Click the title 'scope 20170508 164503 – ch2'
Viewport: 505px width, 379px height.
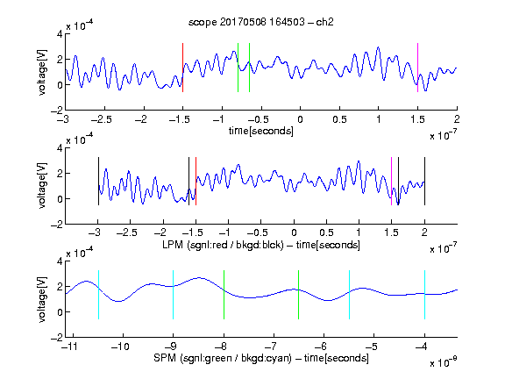coord(261,22)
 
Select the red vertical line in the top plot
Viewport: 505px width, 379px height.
coord(182,68)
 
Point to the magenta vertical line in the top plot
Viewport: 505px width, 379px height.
coord(417,68)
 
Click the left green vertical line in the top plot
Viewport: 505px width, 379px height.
coord(238,68)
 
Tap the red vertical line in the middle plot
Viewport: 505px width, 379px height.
coord(196,181)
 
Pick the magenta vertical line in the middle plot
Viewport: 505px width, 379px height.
coord(391,181)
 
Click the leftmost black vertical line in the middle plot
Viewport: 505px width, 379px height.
coord(98,181)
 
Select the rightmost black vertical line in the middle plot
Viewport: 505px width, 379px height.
coord(424,181)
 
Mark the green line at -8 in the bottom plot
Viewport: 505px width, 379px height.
coord(224,295)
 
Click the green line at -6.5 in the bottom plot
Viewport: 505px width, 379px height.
coord(299,295)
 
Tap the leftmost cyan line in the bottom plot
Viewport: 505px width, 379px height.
coord(98,295)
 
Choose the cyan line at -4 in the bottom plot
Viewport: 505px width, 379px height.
coord(424,295)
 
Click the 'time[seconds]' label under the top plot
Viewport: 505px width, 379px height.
coord(261,131)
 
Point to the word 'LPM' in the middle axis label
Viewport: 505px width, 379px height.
coord(173,245)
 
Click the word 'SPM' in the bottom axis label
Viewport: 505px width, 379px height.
coord(165,358)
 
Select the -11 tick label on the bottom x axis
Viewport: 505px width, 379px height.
coord(70,347)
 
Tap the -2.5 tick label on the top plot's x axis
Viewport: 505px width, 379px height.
coord(102,119)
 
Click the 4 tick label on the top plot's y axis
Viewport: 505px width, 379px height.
coord(60,34)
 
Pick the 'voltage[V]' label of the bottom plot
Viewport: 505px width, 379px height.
coord(42,299)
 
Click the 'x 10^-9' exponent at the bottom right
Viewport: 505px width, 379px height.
coord(443,362)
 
